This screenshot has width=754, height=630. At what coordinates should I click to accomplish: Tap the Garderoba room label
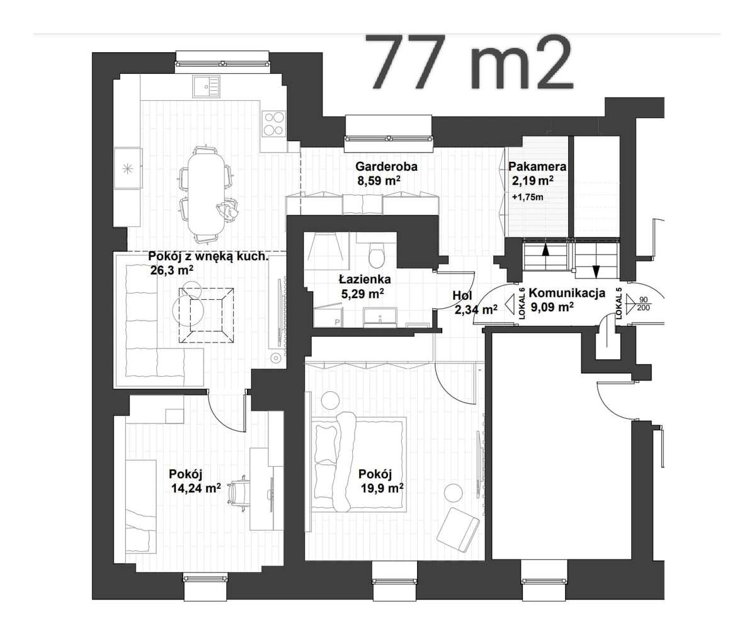(386, 167)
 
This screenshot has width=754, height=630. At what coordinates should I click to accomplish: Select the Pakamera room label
(537, 167)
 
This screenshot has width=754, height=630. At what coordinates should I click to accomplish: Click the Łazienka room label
(364, 279)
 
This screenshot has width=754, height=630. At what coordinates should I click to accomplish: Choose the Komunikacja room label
(568, 293)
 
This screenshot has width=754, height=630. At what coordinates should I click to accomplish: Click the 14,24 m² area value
(195, 487)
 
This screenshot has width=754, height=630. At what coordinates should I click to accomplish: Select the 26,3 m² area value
(171, 270)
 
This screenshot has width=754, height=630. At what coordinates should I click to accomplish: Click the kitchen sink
(207, 86)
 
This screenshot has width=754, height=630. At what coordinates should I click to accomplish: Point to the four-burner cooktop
(274, 123)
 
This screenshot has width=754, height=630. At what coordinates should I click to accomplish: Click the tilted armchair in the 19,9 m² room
(458, 528)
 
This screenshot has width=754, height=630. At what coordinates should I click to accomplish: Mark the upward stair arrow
(546, 250)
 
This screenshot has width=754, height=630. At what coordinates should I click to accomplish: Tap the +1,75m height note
(528, 197)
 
